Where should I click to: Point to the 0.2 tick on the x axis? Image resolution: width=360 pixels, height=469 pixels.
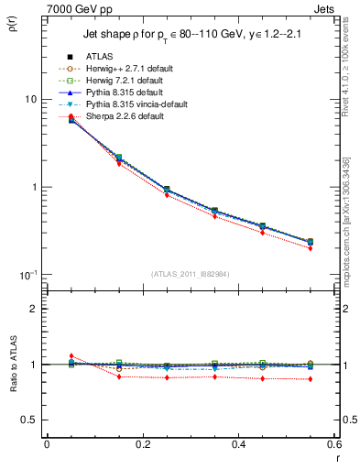click(x=142, y=444)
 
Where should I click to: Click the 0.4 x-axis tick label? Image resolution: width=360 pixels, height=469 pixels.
click(x=238, y=444)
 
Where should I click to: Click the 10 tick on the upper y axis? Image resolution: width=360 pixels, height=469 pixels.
click(x=29, y=99)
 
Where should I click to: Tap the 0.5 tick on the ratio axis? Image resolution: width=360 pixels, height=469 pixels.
click(x=29, y=420)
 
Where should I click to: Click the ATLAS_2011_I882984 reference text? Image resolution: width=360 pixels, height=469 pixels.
click(x=191, y=273)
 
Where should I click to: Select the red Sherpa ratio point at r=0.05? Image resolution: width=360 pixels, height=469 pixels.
click(x=71, y=356)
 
